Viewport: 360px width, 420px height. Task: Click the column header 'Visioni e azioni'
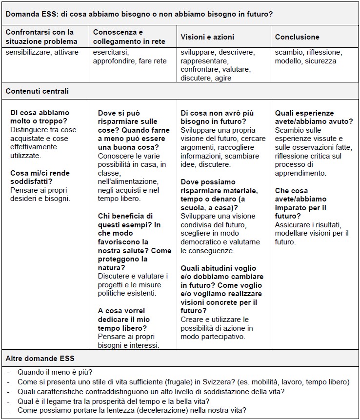tap(207, 37)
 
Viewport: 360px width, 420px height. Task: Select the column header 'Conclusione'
tap(297, 37)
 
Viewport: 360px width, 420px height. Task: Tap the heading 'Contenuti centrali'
tap(37, 91)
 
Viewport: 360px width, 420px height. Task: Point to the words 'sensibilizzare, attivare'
tap(42, 53)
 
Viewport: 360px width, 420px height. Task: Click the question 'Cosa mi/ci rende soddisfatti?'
tap(40, 177)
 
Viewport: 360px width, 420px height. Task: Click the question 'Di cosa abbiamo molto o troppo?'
tap(40, 117)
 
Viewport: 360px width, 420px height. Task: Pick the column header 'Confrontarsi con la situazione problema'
tap(41, 37)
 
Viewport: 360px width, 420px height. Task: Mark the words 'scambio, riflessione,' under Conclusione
tap(308, 53)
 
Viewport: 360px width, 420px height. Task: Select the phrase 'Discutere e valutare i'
tap(132, 277)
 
